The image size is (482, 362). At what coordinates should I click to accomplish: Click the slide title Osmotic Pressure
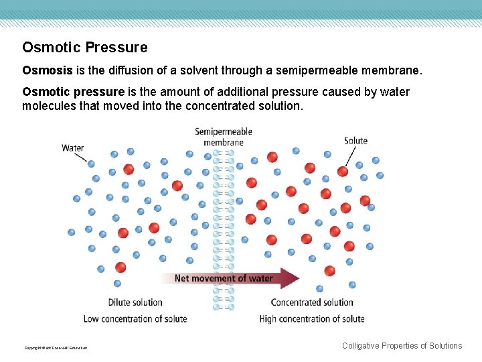point(85,48)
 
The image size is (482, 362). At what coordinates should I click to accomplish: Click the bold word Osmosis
point(44,70)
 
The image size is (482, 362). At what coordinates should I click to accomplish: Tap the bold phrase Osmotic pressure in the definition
point(73,92)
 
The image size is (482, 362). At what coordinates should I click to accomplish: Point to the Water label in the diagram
point(72,148)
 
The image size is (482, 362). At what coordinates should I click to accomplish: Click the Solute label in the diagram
point(355,141)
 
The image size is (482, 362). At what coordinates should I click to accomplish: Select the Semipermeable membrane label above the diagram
point(224,137)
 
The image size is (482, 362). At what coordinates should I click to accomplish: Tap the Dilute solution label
point(135,302)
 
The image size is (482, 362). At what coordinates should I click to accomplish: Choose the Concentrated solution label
point(312,302)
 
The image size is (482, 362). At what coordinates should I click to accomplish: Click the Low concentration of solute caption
point(135,318)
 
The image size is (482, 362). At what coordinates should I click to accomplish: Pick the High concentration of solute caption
point(312,318)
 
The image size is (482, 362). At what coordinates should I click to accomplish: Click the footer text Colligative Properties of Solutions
point(402,346)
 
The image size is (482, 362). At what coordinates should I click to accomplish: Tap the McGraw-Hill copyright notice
point(56,348)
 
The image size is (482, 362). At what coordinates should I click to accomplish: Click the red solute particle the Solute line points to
point(343,171)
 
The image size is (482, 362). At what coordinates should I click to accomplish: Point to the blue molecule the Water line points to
point(91,163)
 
